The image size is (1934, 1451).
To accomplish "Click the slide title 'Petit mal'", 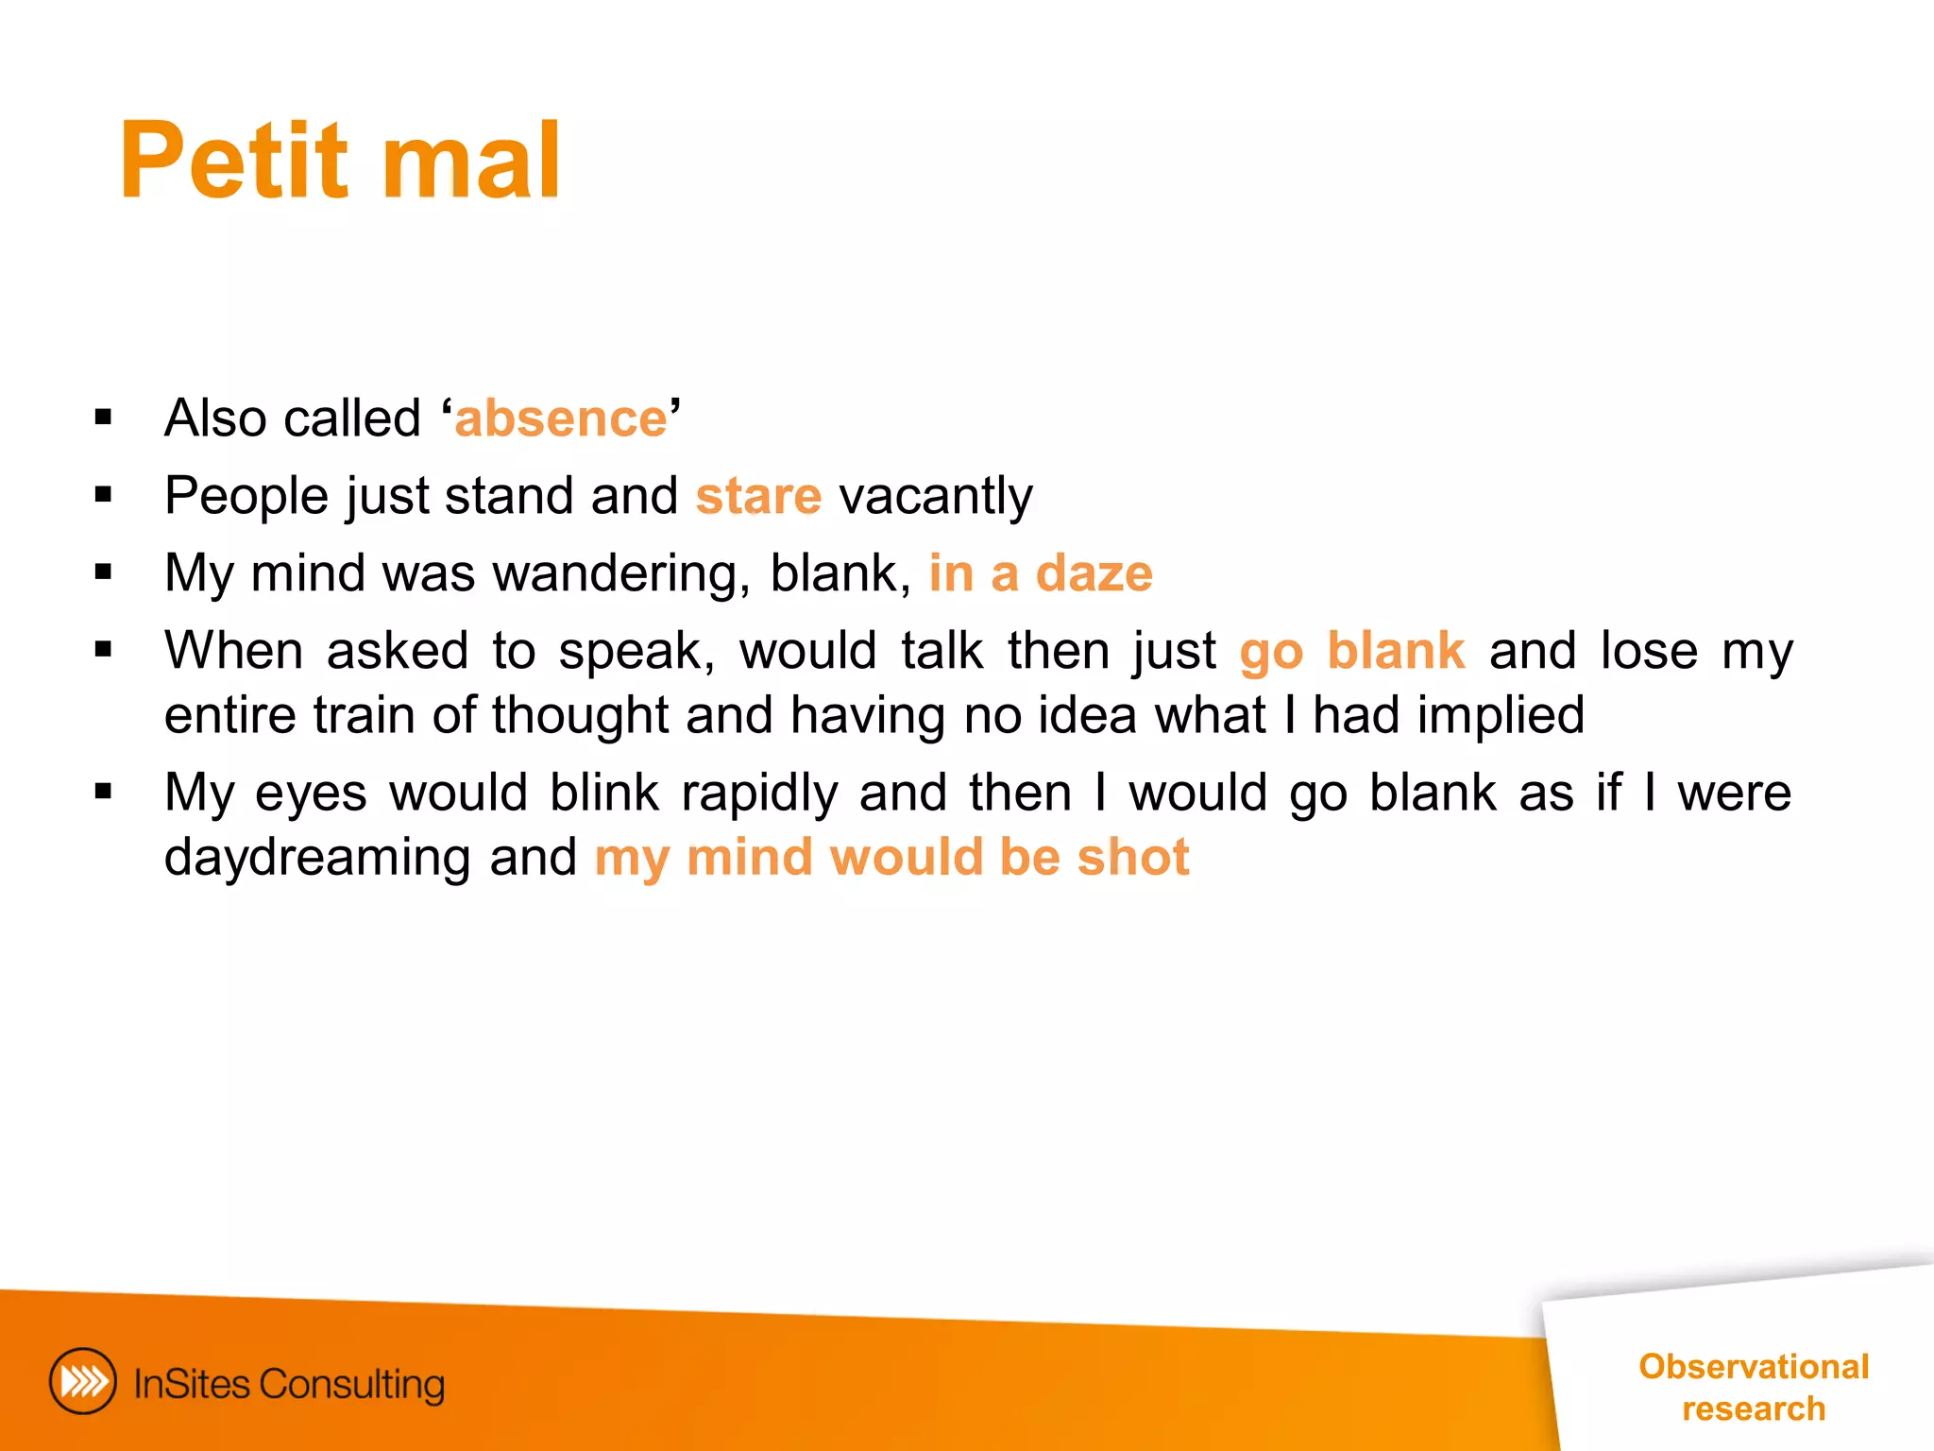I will pyautogui.click(x=340, y=161).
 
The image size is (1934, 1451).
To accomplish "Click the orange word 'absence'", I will pyautogui.click(x=561, y=418).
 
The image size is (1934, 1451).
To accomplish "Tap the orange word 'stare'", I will pyautogui.click(x=758, y=496).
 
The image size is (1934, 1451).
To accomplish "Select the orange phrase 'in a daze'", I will pyautogui.click(x=1041, y=573).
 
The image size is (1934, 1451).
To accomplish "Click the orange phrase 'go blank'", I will pyautogui.click(x=1351, y=651).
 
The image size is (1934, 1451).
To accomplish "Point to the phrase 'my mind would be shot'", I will pyautogui.click(x=891, y=857).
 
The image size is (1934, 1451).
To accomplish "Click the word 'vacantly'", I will pyautogui.click(x=936, y=496).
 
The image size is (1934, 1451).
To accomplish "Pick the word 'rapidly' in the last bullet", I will pyautogui.click(x=759, y=793).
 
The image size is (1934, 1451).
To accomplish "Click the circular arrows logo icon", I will pyautogui.click(x=83, y=1381).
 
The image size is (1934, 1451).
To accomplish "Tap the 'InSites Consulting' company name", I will pyautogui.click(x=289, y=1384).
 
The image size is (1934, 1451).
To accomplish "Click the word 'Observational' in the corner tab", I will pyautogui.click(x=1754, y=1366).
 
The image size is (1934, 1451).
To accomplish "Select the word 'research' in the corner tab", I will pyautogui.click(x=1754, y=1408).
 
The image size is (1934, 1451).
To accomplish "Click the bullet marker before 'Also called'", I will pyautogui.click(x=104, y=417).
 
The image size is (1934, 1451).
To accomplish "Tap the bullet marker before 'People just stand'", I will pyautogui.click(x=104, y=494).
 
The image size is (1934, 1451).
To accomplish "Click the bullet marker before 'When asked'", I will pyautogui.click(x=104, y=649).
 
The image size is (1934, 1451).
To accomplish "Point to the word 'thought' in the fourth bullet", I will pyautogui.click(x=580, y=715).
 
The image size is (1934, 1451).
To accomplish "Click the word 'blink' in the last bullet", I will pyautogui.click(x=604, y=793).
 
